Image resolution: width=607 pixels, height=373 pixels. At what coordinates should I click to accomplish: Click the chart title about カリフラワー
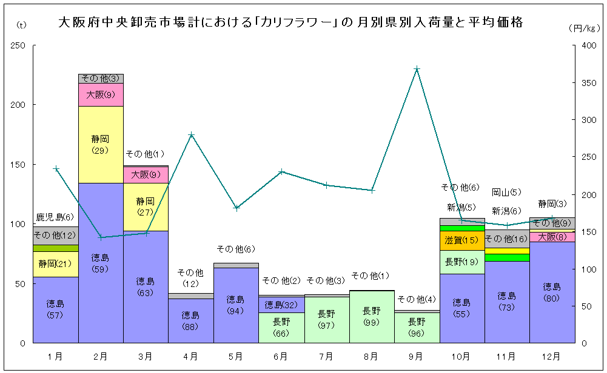pyautogui.click(x=290, y=23)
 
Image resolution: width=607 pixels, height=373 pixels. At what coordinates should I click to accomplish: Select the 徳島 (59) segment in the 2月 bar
pyautogui.click(x=101, y=263)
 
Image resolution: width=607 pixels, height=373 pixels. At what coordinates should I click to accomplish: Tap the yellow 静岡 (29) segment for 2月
pyautogui.click(x=101, y=144)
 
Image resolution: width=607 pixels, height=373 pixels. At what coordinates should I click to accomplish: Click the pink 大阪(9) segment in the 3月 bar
pyautogui.click(x=146, y=175)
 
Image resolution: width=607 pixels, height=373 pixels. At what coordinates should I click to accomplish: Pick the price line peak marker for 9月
pyautogui.click(x=417, y=69)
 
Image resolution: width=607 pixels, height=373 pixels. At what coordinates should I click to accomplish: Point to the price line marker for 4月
pyautogui.click(x=191, y=135)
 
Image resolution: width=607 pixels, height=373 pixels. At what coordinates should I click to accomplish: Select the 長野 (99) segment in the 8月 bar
pyautogui.click(x=371, y=316)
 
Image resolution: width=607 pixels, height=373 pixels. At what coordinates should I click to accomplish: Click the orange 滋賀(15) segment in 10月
pyautogui.click(x=461, y=241)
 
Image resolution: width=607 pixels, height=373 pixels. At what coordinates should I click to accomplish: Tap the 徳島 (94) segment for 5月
pyautogui.click(x=236, y=305)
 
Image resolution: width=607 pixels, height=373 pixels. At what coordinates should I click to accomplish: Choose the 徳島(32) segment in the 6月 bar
pyautogui.click(x=281, y=305)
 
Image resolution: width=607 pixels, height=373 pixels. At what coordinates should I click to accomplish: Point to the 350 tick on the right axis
pyautogui.click(x=588, y=83)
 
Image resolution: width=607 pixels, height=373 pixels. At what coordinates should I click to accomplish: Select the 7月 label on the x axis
pyautogui.click(x=326, y=357)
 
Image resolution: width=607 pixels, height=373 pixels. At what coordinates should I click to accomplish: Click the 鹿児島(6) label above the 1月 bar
pyautogui.click(x=55, y=217)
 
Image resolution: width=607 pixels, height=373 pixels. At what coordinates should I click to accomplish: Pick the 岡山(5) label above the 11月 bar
pyautogui.click(x=506, y=193)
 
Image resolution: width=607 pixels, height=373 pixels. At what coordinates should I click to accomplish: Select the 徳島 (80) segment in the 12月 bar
pyautogui.click(x=552, y=292)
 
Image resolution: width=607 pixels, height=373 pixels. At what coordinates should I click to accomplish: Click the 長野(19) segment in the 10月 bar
pyautogui.click(x=461, y=262)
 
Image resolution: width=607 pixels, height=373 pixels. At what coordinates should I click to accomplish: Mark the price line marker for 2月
pyautogui.click(x=101, y=237)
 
